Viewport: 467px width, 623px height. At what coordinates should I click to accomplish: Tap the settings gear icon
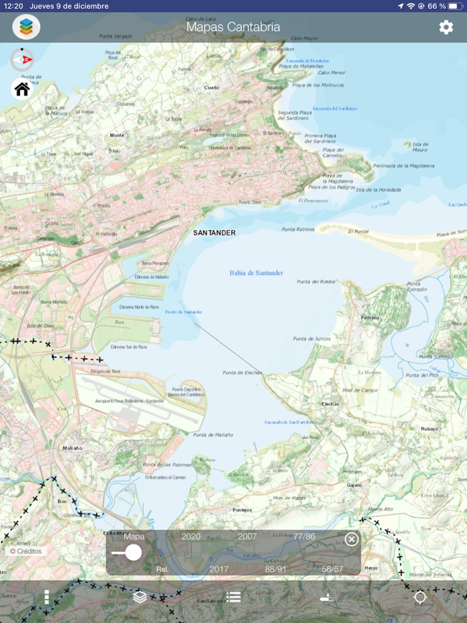446,27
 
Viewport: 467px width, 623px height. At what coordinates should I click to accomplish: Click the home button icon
22,89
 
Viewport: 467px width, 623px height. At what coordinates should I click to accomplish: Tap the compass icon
22,59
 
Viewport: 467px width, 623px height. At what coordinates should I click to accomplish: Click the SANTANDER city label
214,233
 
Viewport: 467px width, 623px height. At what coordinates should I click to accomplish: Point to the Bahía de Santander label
256,273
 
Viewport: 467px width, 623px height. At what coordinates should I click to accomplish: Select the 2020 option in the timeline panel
191,536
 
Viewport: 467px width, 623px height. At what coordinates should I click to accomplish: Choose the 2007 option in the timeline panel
247,536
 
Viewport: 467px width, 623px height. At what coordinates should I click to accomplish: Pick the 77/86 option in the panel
304,536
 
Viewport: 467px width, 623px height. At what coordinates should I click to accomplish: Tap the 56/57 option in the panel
332,569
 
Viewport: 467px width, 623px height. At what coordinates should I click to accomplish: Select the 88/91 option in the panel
276,569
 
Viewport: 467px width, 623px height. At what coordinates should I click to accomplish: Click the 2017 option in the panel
219,569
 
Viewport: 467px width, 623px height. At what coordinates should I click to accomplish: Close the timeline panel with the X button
352,539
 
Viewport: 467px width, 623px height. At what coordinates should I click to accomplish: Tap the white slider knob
133,552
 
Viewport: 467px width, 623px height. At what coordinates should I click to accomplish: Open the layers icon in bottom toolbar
140,597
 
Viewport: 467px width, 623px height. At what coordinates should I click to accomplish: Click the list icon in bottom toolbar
233,597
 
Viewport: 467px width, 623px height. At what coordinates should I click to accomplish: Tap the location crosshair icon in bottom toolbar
420,597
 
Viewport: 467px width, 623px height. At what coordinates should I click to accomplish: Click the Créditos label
26,552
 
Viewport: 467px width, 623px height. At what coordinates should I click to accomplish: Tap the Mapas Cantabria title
233,27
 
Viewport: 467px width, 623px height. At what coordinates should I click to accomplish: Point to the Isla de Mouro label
420,147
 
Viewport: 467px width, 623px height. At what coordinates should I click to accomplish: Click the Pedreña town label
370,318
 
